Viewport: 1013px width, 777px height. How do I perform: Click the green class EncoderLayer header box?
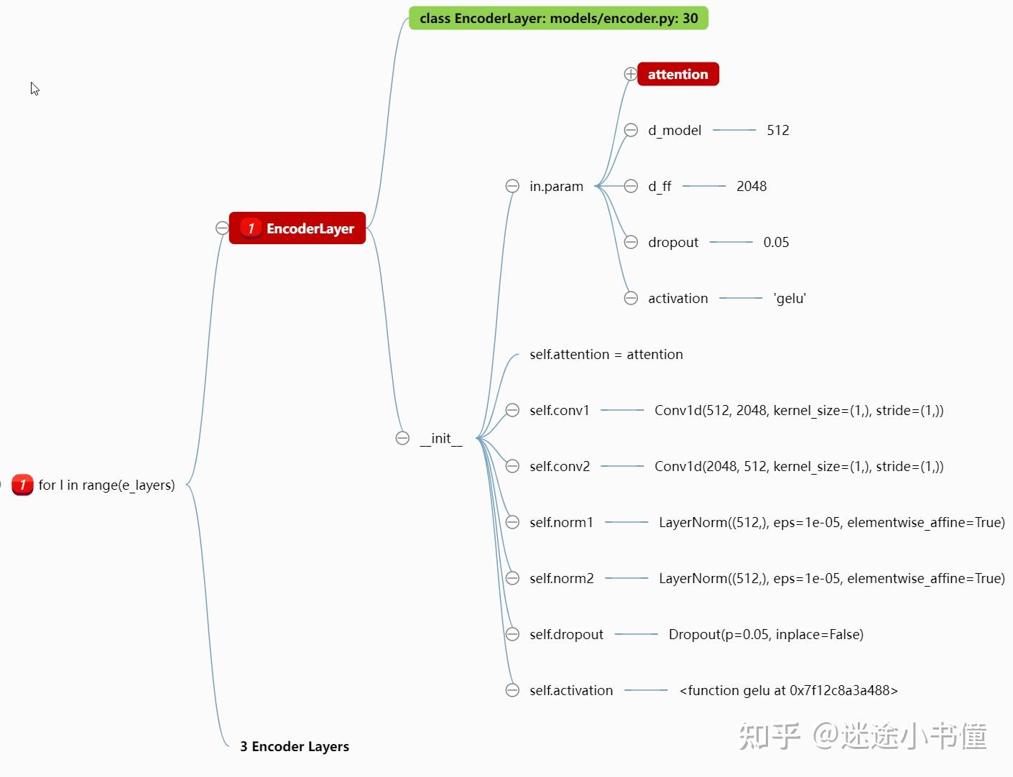pos(558,18)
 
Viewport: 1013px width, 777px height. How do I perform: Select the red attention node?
pos(677,74)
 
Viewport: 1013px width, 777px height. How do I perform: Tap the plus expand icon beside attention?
pos(630,73)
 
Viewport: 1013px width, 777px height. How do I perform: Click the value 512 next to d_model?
pos(777,130)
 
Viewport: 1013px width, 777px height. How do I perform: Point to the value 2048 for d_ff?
pos(751,186)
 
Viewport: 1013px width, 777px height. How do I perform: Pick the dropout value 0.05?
pos(776,242)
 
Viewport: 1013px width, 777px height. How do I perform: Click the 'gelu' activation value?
pos(790,298)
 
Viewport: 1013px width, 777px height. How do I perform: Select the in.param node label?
pos(556,186)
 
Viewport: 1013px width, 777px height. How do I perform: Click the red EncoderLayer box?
pos(297,228)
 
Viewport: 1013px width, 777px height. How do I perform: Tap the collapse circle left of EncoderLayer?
pos(223,228)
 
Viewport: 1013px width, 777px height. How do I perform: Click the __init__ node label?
pos(441,438)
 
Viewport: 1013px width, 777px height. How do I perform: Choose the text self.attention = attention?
pos(606,355)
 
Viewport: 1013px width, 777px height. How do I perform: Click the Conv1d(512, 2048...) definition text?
pos(799,410)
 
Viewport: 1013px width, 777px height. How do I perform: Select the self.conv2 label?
pos(560,466)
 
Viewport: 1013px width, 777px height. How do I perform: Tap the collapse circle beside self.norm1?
pos(512,522)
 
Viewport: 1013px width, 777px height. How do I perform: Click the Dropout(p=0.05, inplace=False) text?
pos(766,635)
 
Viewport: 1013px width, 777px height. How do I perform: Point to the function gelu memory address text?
pos(789,690)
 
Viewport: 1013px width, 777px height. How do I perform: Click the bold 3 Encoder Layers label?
pos(294,746)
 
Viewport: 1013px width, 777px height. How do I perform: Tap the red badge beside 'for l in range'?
pos(22,485)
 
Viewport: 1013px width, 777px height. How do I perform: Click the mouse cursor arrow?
pos(34,88)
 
